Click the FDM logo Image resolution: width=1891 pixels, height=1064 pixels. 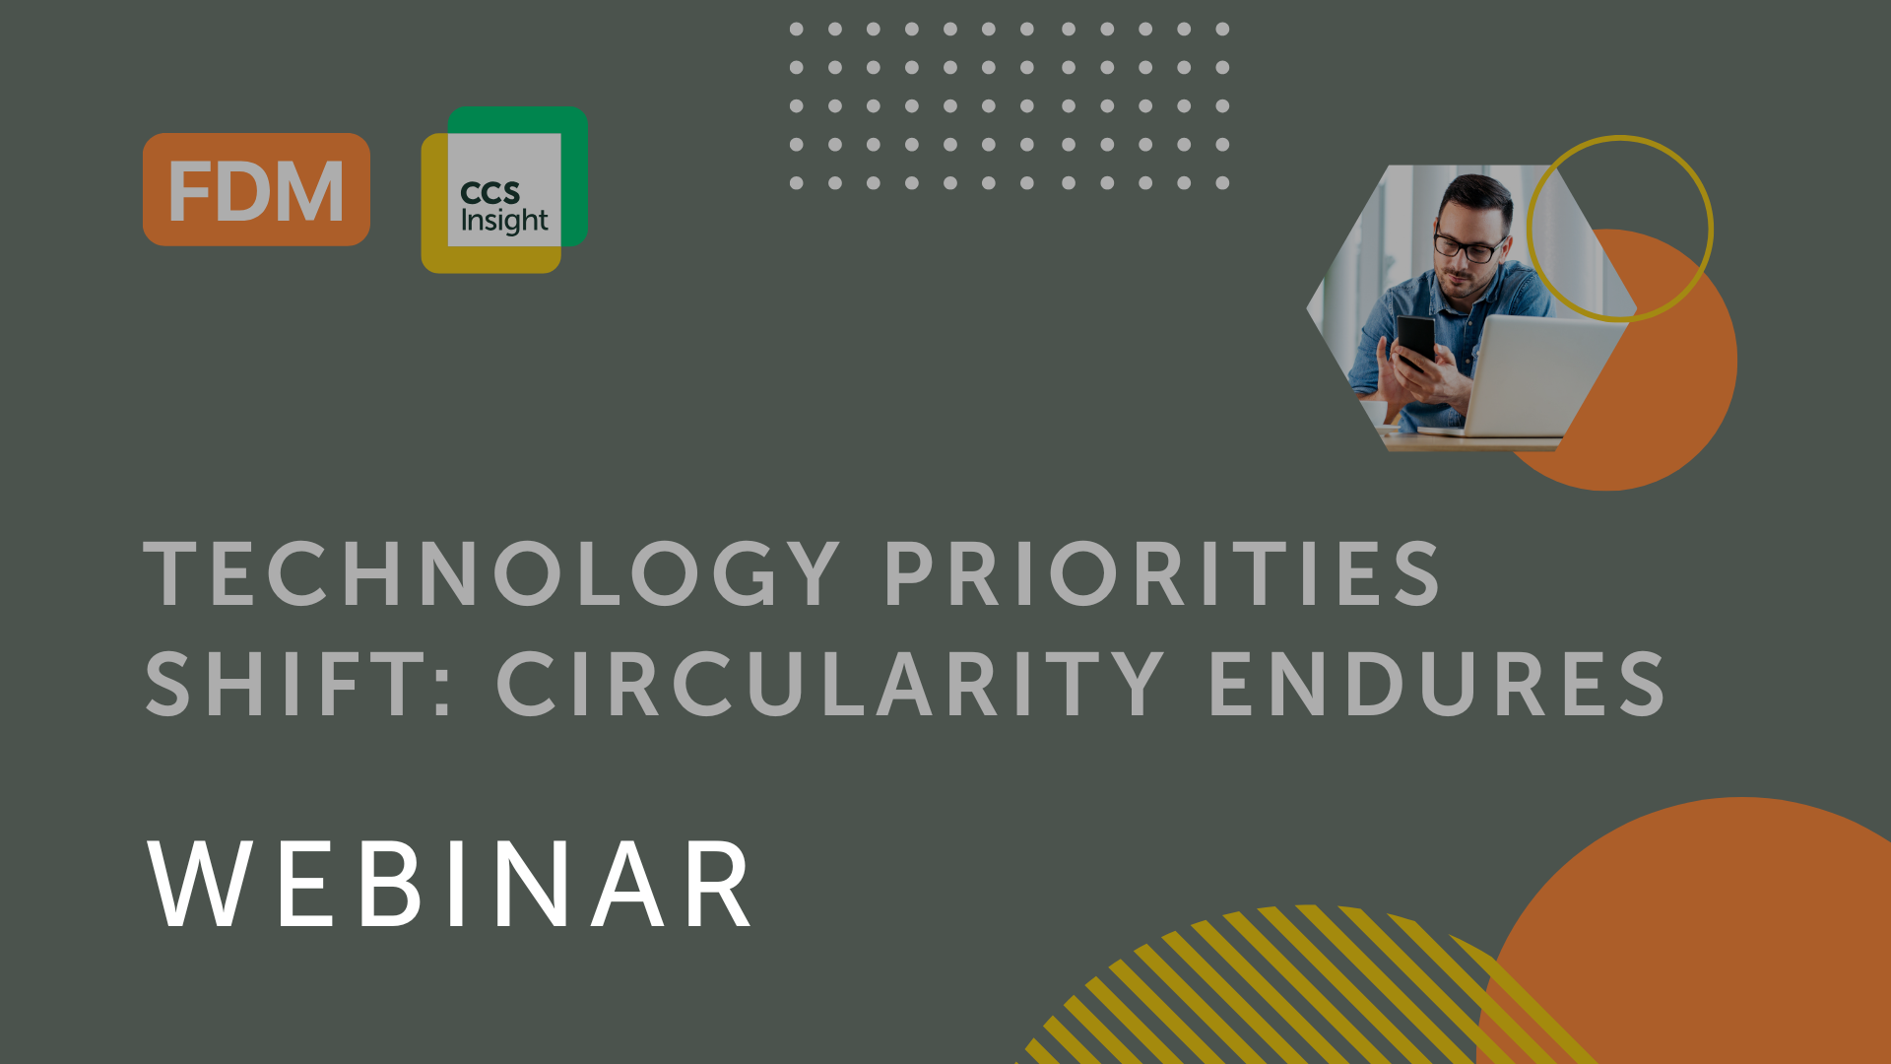coord(256,189)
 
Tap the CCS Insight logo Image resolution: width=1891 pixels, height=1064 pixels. coord(504,189)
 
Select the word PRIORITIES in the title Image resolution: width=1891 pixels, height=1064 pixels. coord(1163,574)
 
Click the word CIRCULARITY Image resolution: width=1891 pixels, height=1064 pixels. coord(831,684)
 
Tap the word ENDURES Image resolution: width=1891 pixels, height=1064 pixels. coord(1437,684)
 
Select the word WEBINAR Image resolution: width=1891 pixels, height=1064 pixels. coord(451,884)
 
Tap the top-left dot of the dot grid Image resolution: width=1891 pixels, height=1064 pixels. coord(796,30)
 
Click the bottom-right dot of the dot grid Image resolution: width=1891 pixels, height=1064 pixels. coord(1222,183)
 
